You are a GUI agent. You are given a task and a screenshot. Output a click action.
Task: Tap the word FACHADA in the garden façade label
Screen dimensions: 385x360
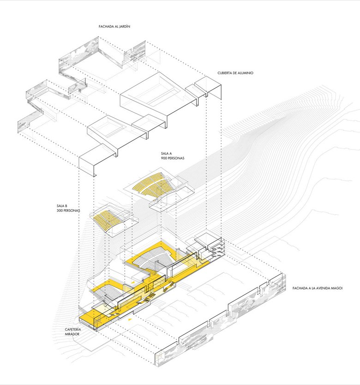point(105,27)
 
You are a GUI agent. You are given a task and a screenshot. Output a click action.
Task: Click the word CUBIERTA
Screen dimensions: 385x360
point(226,73)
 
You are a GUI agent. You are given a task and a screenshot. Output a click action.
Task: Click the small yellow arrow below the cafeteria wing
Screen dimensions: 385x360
point(130,319)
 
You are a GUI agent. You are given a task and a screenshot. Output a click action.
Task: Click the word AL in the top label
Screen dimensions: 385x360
point(115,27)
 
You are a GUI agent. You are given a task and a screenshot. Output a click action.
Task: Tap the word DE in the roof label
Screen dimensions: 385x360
point(236,73)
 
